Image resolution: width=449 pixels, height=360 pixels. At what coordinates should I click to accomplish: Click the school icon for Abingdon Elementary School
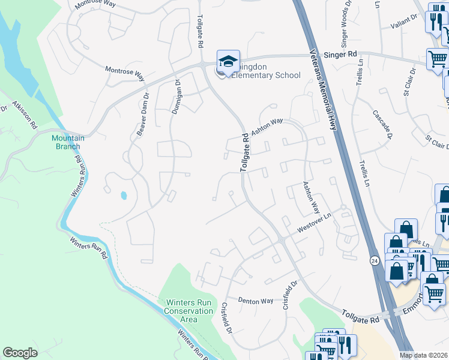tap(228, 61)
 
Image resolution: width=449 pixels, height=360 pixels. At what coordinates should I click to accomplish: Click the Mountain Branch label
tap(67, 142)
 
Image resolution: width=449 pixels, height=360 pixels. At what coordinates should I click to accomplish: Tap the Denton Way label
tap(255, 300)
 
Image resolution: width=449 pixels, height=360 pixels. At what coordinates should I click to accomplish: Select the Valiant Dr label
tap(404, 19)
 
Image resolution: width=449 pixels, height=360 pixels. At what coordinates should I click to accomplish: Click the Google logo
tap(20, 353)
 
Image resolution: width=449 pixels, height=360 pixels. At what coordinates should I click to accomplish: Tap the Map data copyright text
tap(424, 355)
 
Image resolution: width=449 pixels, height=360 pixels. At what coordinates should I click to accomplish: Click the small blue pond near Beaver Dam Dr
tap(124, 195)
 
